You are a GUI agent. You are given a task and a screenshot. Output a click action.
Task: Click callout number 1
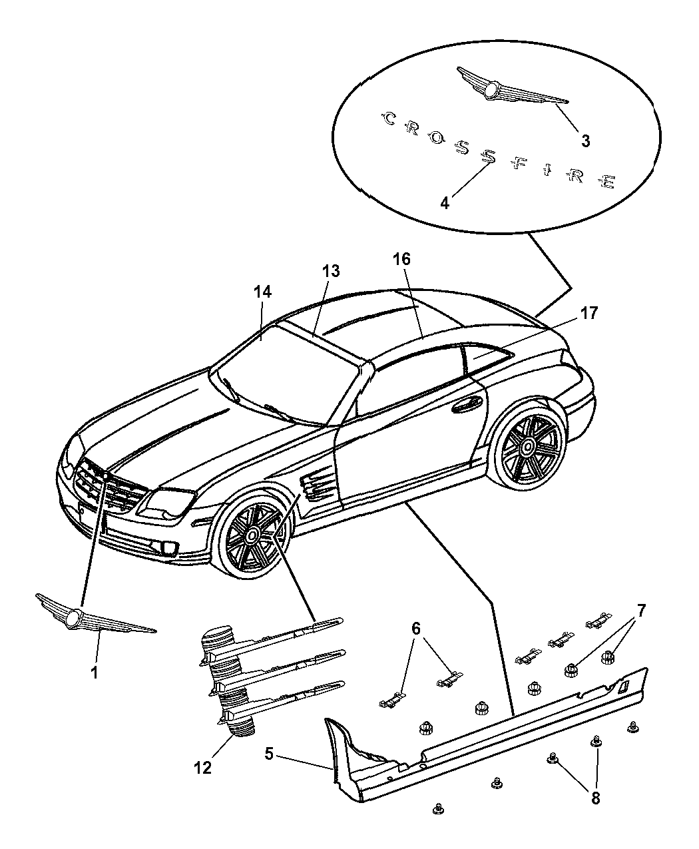[94, 673]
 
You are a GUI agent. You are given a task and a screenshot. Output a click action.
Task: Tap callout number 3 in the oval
[584, 141]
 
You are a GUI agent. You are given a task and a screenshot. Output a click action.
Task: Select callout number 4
[444, 202]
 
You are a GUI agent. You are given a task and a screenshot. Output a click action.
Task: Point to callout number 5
[269, 754]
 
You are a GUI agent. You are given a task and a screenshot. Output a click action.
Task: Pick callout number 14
[262, 292]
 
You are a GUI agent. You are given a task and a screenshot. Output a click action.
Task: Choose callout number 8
[595, 797]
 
